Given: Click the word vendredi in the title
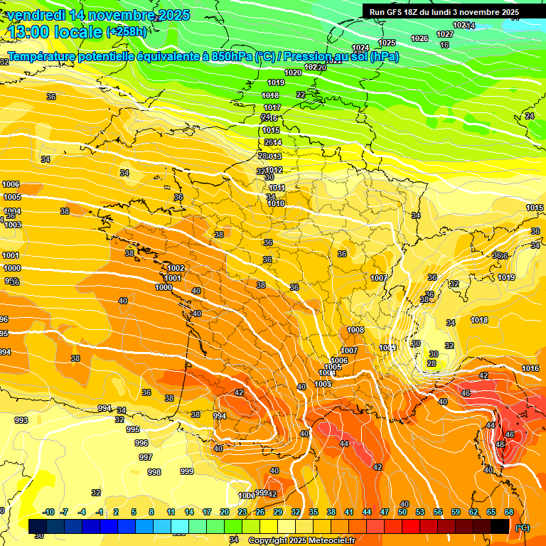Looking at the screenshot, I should click(31, 15).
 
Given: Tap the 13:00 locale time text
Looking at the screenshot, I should click(54, 31).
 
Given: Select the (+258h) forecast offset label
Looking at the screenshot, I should click(127, 32).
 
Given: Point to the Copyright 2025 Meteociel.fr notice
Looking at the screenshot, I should click(301, 540).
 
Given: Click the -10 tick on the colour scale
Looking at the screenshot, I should click(49, 512).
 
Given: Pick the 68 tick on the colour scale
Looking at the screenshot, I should click(509, 512).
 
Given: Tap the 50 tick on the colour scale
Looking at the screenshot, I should click(402, 512).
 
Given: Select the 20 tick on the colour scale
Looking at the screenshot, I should click(224, 512).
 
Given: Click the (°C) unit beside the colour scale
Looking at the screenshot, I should click(523, 528).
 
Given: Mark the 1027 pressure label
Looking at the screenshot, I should click(445, 34).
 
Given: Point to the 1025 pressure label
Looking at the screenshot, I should click(387, 43).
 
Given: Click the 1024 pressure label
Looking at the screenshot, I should click(361, 48).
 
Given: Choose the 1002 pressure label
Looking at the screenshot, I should click(176, 268).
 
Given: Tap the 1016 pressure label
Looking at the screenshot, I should click(530, 368).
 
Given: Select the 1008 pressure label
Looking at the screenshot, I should click(355, 331).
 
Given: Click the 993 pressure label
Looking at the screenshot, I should click(21, 420).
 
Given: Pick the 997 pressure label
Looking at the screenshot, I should click(145, 457).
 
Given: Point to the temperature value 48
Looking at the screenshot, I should click(500, 444).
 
